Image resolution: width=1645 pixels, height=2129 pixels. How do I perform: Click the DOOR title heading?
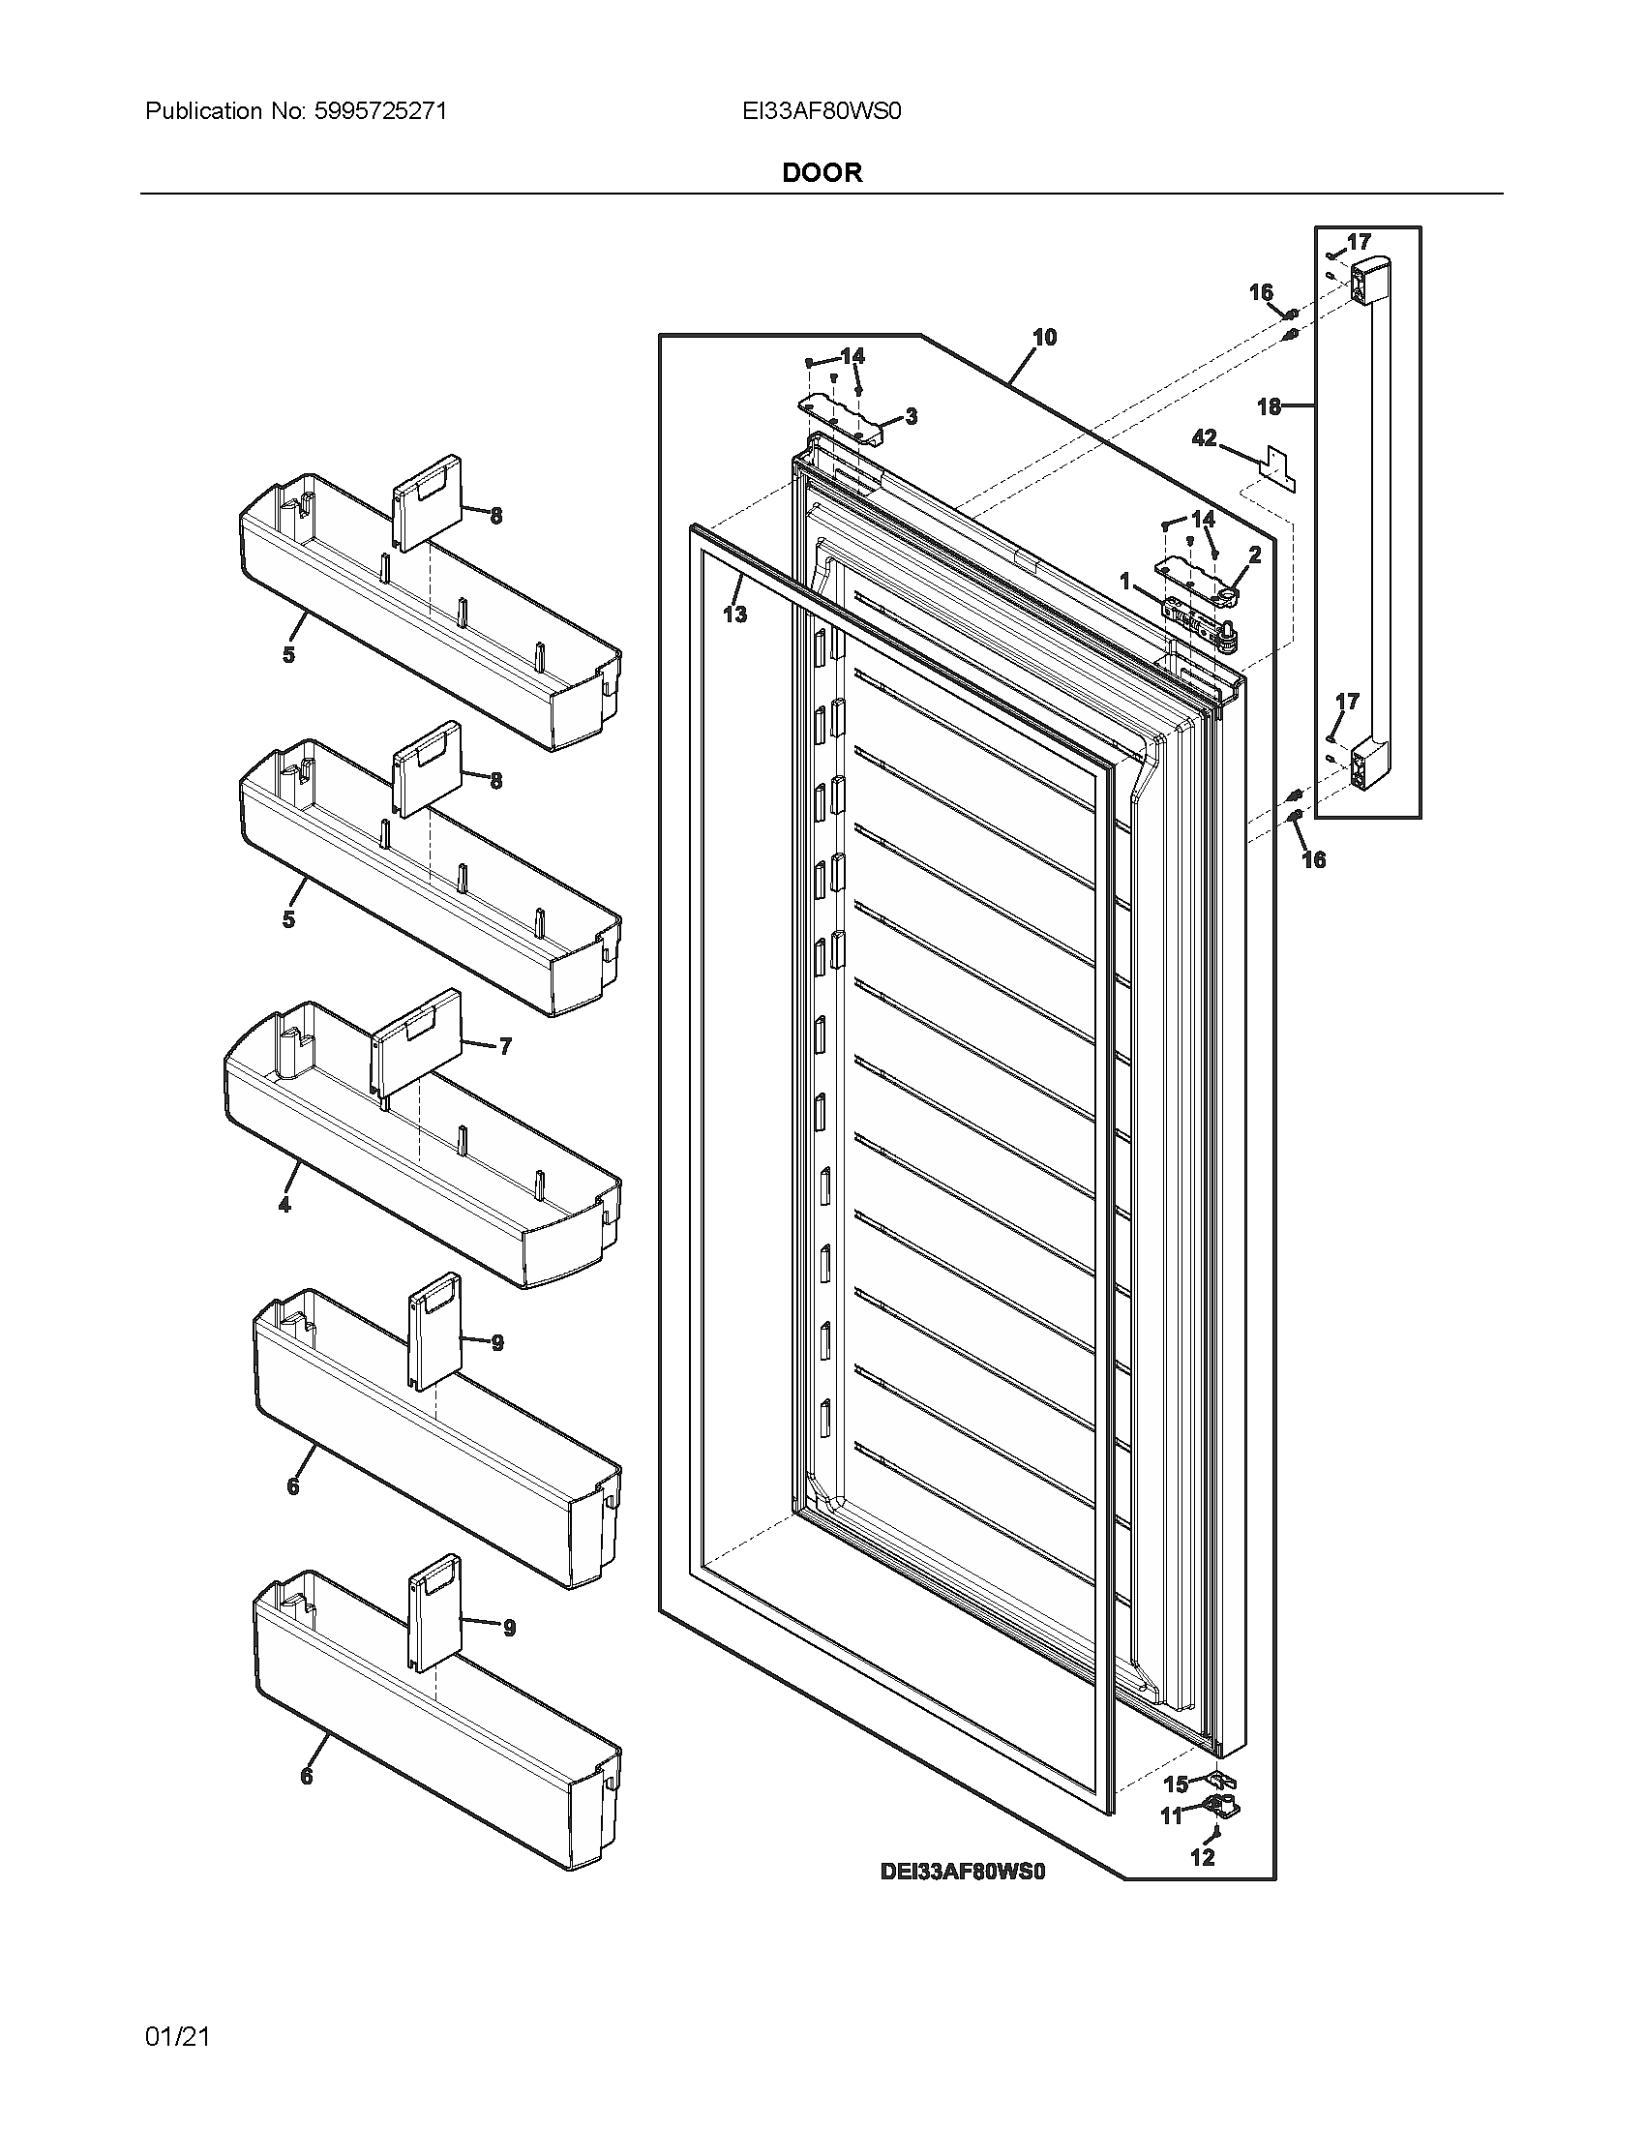coord(822,172)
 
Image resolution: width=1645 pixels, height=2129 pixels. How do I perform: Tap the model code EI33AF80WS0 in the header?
coord(821,111)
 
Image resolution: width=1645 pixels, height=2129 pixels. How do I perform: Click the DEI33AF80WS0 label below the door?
coord(962,1871)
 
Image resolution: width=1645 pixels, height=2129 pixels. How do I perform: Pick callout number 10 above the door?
coord(1044,338)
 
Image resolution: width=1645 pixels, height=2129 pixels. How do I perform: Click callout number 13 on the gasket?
coord(734,615)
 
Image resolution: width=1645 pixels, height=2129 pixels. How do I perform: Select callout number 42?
coord(1205,438)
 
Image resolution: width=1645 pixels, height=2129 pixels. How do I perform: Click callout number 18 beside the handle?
coord(1268,406)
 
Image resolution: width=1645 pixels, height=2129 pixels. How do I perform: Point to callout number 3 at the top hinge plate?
coord(911,417)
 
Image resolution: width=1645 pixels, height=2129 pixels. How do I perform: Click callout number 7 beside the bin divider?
coord(504,1047)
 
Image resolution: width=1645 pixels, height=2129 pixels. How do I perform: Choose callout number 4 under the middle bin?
coord(284,1205)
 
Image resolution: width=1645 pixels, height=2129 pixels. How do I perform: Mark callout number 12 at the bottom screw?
coord(1203,1857)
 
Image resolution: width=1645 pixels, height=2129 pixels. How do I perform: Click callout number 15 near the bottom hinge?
coord(1177,1784)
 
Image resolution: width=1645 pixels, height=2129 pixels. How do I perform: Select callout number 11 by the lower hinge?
coord(1171,1815)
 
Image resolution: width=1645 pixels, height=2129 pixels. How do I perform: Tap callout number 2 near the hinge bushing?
coord(1254,555)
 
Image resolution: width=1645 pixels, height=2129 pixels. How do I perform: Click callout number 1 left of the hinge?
coord(1125,581)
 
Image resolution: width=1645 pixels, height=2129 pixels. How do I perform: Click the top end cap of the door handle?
coord(1367,280)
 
